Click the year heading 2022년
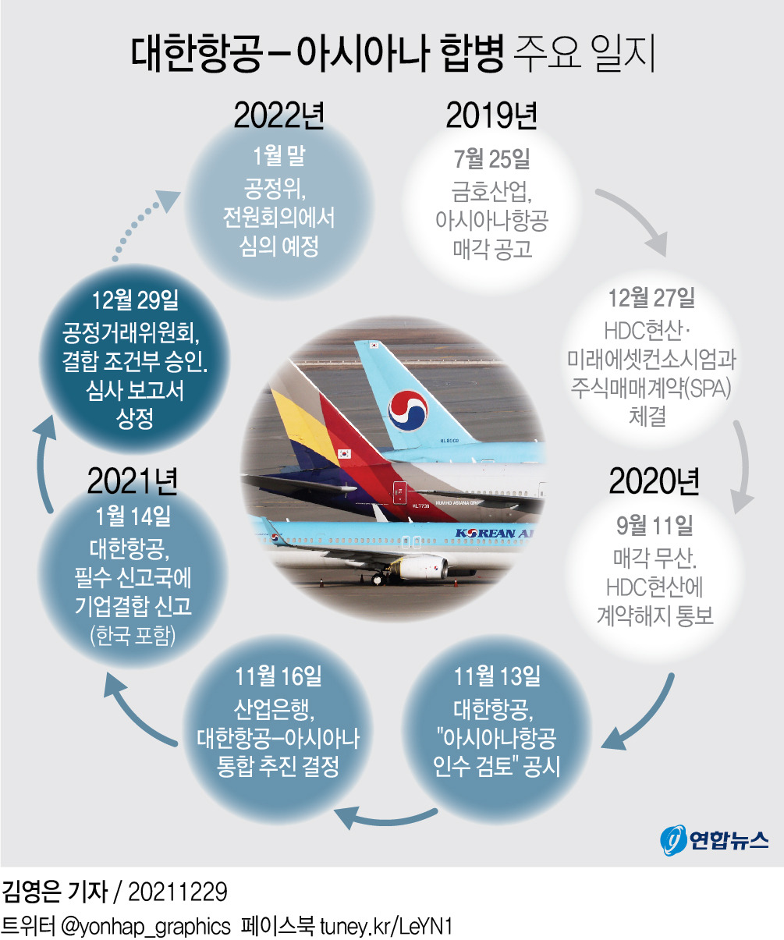click(x=278, y=115)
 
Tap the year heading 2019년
click(x=491, y=115)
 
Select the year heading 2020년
click(x=655, y=483)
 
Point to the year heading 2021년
click(x=133, y=481)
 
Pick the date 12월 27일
click(x=651, y=298)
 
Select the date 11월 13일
click(x=497, y=676)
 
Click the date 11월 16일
click(x=278, y=676)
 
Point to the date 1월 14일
click(x=133, y=516)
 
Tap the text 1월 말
click(x=278, y=156)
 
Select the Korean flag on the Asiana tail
click(x=344, y=454)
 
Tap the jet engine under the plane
click(x=422, y=567)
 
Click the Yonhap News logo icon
click(x=672, y=839)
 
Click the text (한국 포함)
click(x=133, y=636)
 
